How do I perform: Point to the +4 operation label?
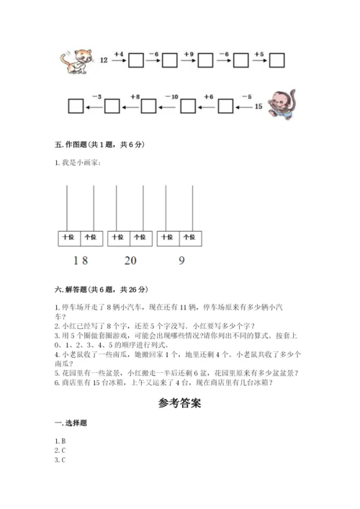(x=119, y=53)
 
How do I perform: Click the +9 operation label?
(x=189, y=53)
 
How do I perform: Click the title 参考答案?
(x=179, y=403)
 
